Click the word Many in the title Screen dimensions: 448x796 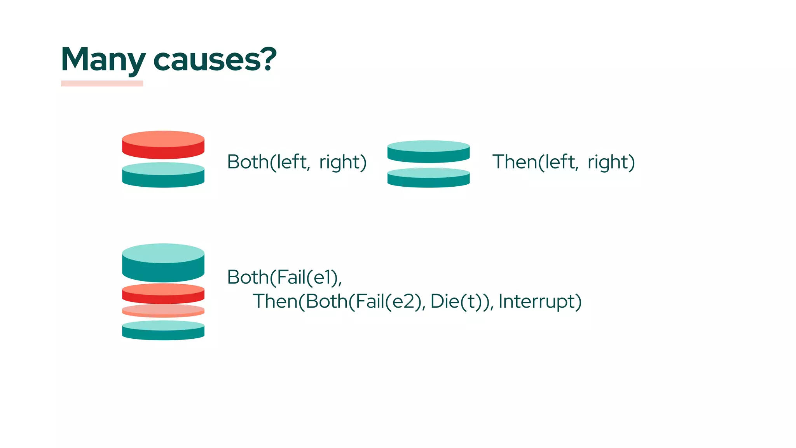(x=103, y=59)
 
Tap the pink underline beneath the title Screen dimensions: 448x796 (x=102, y=84)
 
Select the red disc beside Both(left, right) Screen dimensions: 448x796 (x=163, y=145)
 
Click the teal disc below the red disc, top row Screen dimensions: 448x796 (x=163, y=175)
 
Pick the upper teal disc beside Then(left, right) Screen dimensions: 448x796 (x=428, y=152)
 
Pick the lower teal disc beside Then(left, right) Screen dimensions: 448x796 (x=428, y=178)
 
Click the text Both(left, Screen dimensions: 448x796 (x=269, y=162)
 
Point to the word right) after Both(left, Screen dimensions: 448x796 (x=343, y=162)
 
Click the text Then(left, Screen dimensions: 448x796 (x=535, y=162)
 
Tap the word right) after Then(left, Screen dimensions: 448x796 (x=611, y=162)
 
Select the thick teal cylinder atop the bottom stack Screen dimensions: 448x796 (x=163, y=263)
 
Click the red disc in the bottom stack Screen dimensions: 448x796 (x=163, y=294)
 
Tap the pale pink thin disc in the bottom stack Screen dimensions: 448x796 (x=163, y=311)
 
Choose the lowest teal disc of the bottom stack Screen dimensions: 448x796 (x=163, y=331)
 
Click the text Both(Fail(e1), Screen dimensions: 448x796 (x=285, y=277)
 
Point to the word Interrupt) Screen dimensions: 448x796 (x=540, y=301)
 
